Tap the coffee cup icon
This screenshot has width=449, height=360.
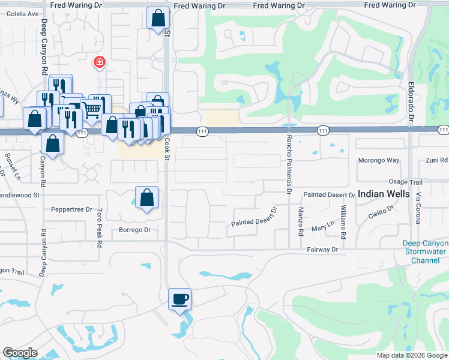[180, 298]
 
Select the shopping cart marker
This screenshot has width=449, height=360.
[91, 109]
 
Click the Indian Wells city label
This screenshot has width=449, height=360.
[384, 194]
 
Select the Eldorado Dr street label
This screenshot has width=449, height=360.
[411, 100]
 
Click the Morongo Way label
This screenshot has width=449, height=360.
[378, 160]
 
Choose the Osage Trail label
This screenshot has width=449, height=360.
[405, 182]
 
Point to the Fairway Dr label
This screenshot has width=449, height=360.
[322, 249]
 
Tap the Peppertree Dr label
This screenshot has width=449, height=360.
[71, 210]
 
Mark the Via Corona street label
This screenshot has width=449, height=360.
[419, 206]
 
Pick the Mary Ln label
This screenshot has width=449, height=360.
[322, 229]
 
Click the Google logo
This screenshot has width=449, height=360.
[20, 353]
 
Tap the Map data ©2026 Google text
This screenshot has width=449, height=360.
[411, 355]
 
